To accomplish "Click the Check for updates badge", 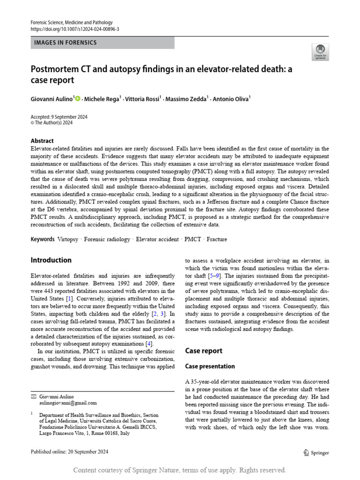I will (x=321, y=52).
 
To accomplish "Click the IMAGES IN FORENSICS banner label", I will (x=66, y=43).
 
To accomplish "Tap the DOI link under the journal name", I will (x=75, y=29).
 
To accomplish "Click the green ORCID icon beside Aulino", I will (x=78, y=98).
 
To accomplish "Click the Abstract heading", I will (x=42, y=141).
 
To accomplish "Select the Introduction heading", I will (x=51, y=260).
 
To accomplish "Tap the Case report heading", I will (x=204, y=351).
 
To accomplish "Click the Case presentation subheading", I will (x=210, y=366).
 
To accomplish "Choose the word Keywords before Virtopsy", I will (x=43, y=239).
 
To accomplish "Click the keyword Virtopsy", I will (x=67, y=239).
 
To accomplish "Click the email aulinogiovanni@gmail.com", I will (x=68, y=402).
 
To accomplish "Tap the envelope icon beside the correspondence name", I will (x=33, y=396).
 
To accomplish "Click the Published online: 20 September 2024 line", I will (x=69, y=451).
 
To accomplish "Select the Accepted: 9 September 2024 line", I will (x=59, y=117).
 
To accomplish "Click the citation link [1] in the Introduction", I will (x=69, y=298).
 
